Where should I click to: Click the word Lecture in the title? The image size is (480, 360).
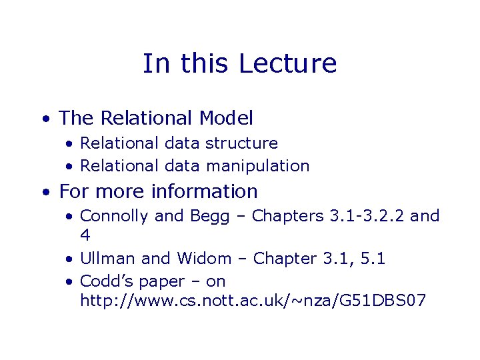(287, 63)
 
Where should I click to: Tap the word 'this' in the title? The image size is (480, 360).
(203, 63)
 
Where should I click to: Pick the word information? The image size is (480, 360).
(204, 191)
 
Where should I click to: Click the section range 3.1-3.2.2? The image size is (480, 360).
(367, 216)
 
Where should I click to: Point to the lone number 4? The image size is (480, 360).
(85, 235)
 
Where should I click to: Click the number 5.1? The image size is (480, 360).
(371, 258)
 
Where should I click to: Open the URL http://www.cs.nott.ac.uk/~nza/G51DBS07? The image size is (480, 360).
(253, 301)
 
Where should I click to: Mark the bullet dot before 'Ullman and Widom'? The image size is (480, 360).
(69, 259)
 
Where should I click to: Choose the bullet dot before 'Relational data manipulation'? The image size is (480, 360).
(69, 167)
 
